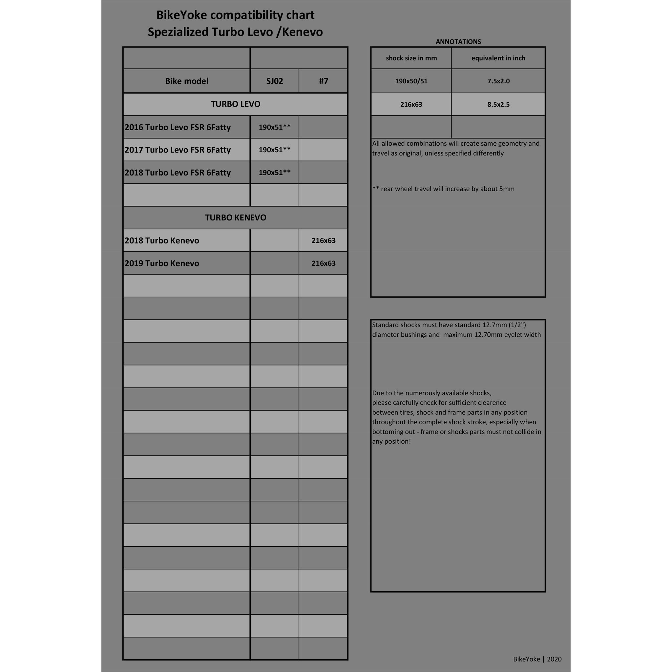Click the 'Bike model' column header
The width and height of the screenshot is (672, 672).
186,81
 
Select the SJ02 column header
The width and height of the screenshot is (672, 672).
274,81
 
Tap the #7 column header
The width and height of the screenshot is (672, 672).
323,81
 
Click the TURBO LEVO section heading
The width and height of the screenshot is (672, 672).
236,104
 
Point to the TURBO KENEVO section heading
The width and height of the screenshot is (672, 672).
236,218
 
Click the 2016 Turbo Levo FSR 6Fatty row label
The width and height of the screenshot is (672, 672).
178,127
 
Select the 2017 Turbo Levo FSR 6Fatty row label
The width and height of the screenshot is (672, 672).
178,150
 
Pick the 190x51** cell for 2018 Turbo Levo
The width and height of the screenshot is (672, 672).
274,173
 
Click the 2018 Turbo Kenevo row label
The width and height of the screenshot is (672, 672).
162,240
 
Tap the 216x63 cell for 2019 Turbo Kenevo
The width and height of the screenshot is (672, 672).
323,263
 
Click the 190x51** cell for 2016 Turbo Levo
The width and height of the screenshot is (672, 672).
274,127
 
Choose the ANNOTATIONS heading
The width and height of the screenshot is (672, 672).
458,42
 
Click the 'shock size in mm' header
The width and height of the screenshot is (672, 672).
411,58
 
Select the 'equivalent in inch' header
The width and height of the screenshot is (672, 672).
498,58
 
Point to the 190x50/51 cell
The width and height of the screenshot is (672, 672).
411,81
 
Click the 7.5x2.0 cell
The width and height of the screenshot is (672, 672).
498,81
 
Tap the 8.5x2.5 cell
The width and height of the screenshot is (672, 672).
498,104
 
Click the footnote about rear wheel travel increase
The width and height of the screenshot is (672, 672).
443,189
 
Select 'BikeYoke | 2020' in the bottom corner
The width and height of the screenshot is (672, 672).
537,659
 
